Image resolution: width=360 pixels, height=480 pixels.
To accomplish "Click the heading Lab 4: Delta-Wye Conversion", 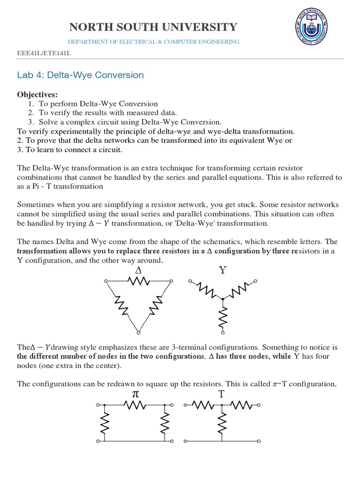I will tap(80, 75).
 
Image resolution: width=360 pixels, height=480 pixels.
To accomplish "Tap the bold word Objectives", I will tap(37, 95).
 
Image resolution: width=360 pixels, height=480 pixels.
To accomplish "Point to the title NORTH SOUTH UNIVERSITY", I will tap(154, 27).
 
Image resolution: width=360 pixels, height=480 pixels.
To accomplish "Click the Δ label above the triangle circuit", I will tap(138, 271).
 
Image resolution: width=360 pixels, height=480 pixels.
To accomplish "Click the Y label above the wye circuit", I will tap(222, 270).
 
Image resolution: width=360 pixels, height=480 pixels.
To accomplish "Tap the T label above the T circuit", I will tap(221, 394).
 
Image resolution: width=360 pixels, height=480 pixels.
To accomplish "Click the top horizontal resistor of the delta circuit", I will tap(138, 281).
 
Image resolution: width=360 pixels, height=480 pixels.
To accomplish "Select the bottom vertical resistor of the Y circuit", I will tap(223, 315).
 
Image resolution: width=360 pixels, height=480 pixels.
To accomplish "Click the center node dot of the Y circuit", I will tap(223, 298).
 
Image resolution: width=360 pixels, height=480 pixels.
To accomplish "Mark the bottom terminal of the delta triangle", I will tap(138, 332).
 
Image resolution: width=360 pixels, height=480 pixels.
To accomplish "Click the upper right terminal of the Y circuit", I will tap(255, 281).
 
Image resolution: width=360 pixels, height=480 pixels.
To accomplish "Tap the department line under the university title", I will tap(154, 42).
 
